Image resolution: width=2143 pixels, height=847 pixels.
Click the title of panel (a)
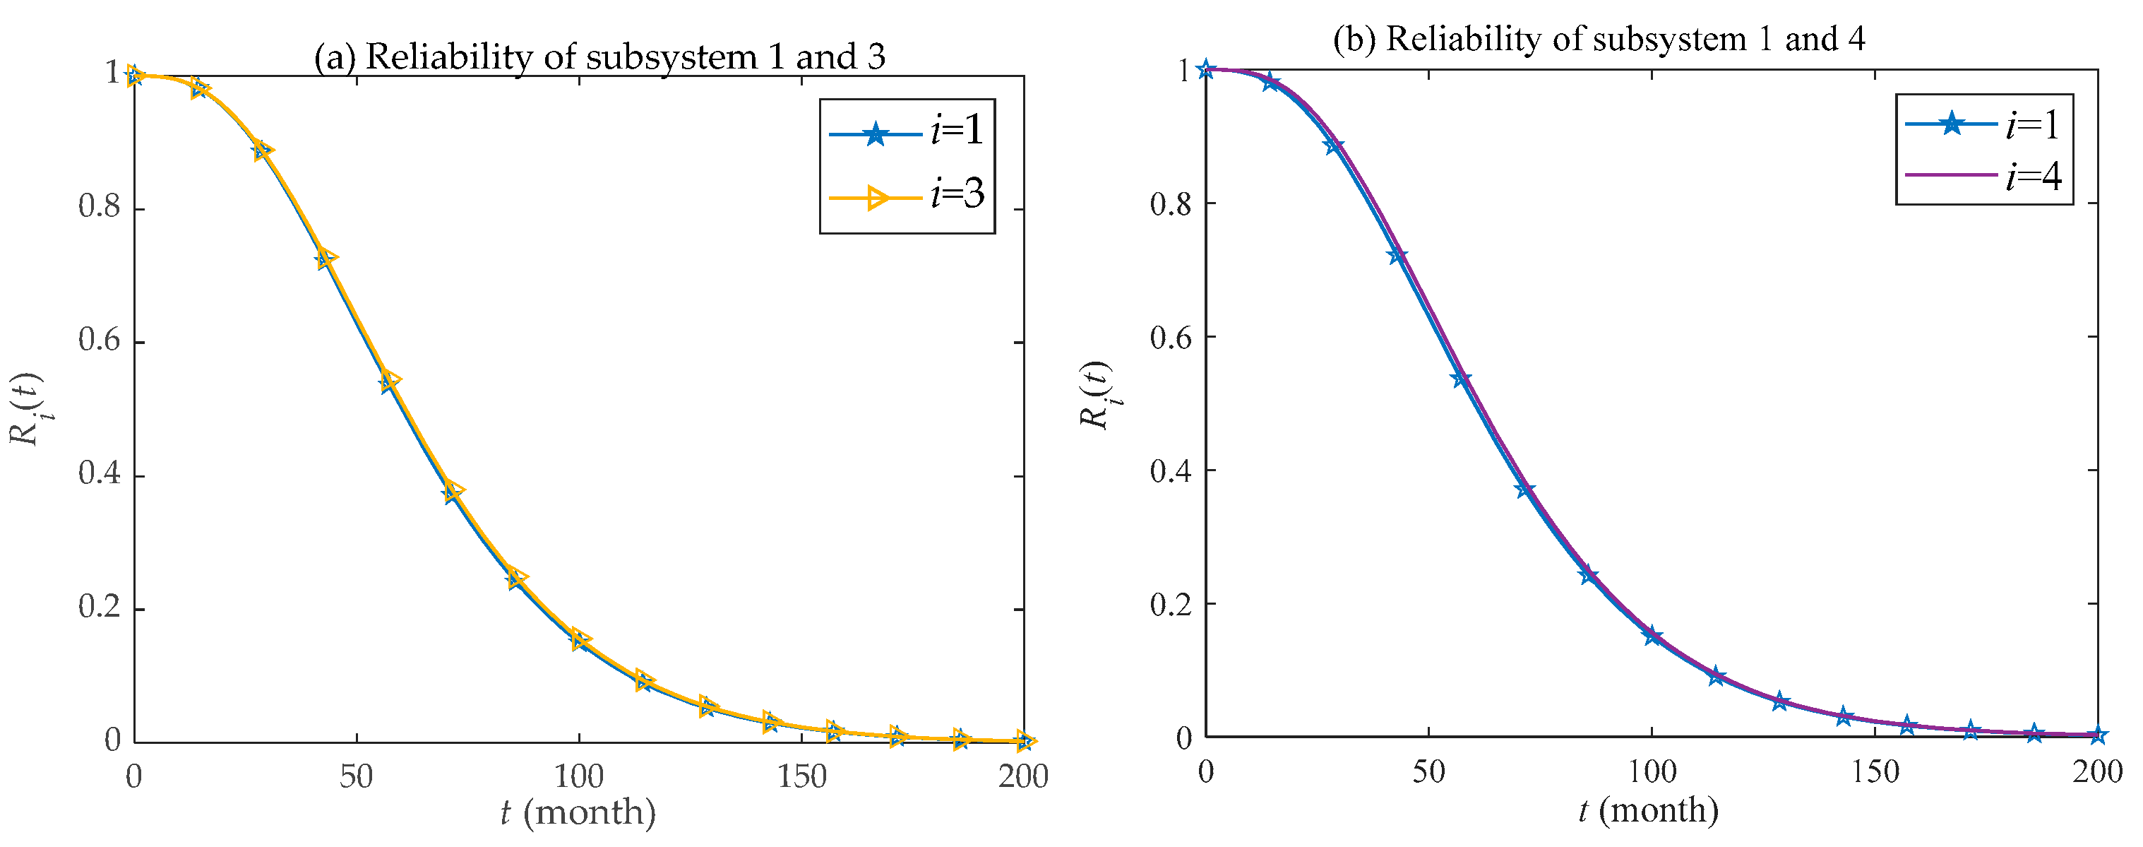(599, 57)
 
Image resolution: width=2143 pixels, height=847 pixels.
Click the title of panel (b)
(1598, 39)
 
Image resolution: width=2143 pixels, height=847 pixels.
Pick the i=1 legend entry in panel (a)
(907, 132)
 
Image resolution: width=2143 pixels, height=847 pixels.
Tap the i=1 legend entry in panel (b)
(1983, 125)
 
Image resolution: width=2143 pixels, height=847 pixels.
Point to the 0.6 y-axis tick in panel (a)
(100, 341)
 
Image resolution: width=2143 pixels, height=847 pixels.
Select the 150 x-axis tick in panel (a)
(801, 777)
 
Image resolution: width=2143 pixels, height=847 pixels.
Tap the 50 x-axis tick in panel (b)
(1428, 772)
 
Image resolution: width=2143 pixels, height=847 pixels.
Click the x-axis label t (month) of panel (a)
(578, 812)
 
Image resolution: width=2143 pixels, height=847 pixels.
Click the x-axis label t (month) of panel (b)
(1649, 810)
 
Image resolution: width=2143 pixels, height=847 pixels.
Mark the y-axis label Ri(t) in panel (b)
(1097, 394)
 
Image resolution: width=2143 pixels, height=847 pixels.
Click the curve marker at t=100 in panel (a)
(580, 640)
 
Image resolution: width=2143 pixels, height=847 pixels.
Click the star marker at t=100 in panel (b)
(1652, 636)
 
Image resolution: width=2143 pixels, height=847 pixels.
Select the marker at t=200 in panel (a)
(1024, 740)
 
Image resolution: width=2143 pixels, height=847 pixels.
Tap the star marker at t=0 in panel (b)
(1205, 69)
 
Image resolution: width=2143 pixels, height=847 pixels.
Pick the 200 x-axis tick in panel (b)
(2097, 772)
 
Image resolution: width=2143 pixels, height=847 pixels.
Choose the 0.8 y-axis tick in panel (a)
(100, 207)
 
